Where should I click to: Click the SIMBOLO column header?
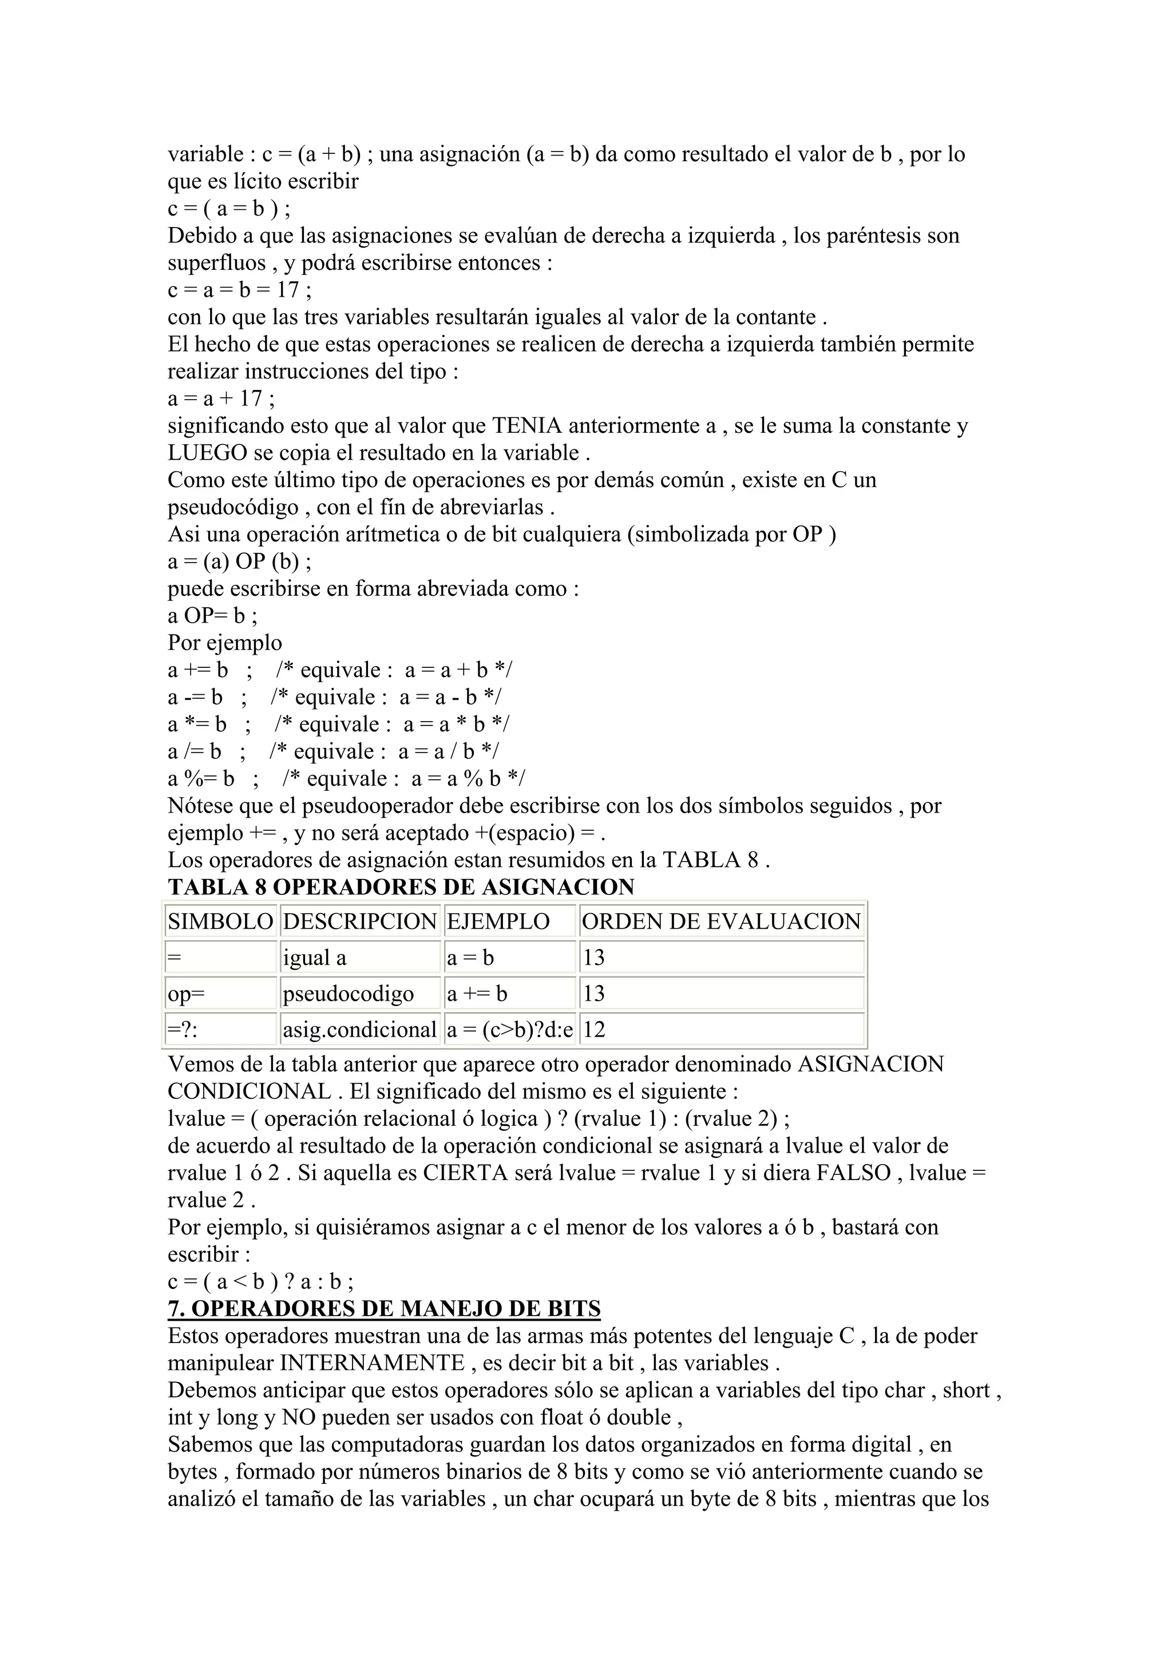click(220, 922)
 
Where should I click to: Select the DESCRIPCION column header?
click(359, 922)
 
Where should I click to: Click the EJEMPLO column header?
click(509, 922)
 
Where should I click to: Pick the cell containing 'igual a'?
click(359, 958)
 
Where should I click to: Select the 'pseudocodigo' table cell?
click(359, 994)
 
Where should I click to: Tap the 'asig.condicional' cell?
click(359, 1030)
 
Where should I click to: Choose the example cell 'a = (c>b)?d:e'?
click(510, 1030)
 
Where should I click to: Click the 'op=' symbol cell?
click(220, 994)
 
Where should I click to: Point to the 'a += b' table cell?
click(509, 994)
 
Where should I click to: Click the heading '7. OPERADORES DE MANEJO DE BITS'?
click(383, 1308)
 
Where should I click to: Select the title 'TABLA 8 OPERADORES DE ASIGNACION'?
click(401, 887)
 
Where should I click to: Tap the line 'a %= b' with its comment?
click(347, 779)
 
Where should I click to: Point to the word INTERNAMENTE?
click(372, 1363)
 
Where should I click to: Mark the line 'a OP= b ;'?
click(212, 616)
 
